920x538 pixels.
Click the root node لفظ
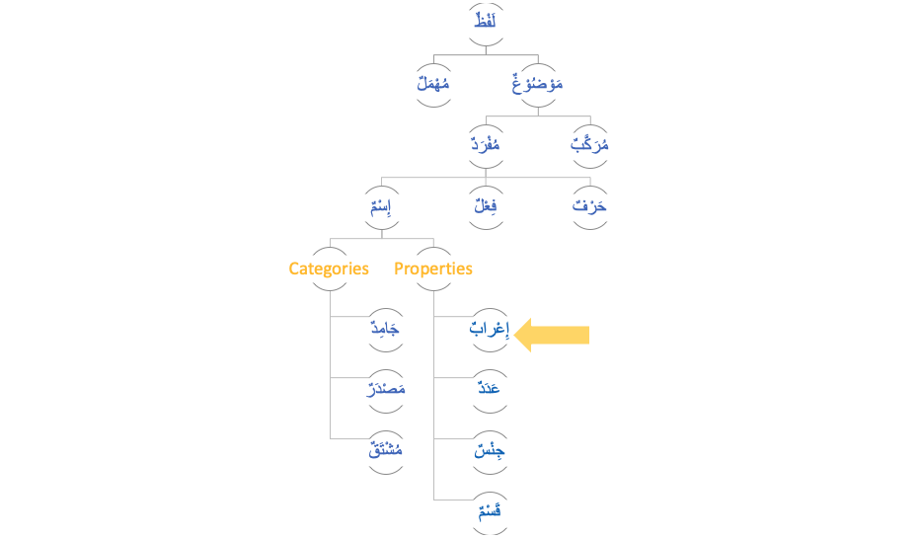tap(485, 21)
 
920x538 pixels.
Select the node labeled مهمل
tap(432, 85)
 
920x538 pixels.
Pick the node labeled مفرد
tap(486, 144)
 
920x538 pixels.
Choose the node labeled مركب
tap(590, 144)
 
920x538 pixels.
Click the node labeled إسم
tap(381, 207)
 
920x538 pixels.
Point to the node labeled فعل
tap(486, 207)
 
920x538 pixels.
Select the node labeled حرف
tap(590, 207)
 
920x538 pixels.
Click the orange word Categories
tap(329, 269)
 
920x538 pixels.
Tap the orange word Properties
tap(433, 269)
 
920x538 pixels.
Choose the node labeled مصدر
tap(385, 389)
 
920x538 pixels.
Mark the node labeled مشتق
tap(385, 451)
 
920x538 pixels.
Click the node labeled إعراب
tap(489, 329)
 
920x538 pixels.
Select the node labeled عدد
tap(489, 389)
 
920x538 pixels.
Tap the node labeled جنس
tap(489, 451)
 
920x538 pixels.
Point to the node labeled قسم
tap(489, 511)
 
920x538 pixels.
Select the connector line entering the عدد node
tap(452, 378)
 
